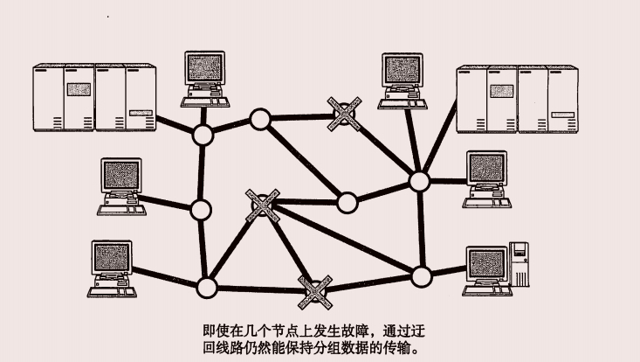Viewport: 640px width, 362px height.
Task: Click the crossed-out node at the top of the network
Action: click(342, 113)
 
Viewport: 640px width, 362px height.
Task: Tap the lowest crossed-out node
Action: click(315, 290)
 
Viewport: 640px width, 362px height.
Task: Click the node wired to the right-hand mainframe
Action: click(420, 181)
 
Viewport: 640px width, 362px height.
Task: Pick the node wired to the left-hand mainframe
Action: click(203, 136)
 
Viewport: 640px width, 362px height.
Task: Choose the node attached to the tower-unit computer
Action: click(422, 276)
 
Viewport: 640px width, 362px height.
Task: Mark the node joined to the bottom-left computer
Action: click(207, 286)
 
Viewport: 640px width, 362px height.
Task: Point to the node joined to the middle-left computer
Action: click(201, 210)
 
